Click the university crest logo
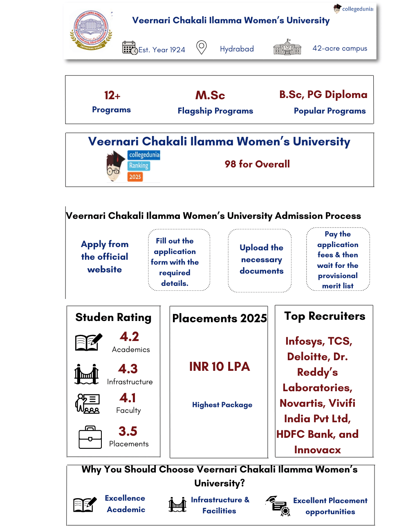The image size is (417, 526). click(91, 31)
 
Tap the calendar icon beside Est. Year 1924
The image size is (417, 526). click(130, 48)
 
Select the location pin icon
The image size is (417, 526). click(202, 47)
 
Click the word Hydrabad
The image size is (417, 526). click(237, 49)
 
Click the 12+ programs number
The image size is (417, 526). click(112, 96)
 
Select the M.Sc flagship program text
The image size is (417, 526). click(210, 96)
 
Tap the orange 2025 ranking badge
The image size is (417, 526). click(135, 177)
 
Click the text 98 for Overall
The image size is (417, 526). click(257, 164)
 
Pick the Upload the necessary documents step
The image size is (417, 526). click(261, 259)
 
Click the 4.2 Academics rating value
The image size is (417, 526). click(129, 337)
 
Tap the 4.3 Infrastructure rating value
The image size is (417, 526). click(128, 369)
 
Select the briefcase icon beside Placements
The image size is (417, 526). click(90, 437)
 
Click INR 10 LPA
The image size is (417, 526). click(220, 367)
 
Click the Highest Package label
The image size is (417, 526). click(222, 405)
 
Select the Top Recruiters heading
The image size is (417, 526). click(325, 316)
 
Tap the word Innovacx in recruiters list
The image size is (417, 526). click(317, 450)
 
